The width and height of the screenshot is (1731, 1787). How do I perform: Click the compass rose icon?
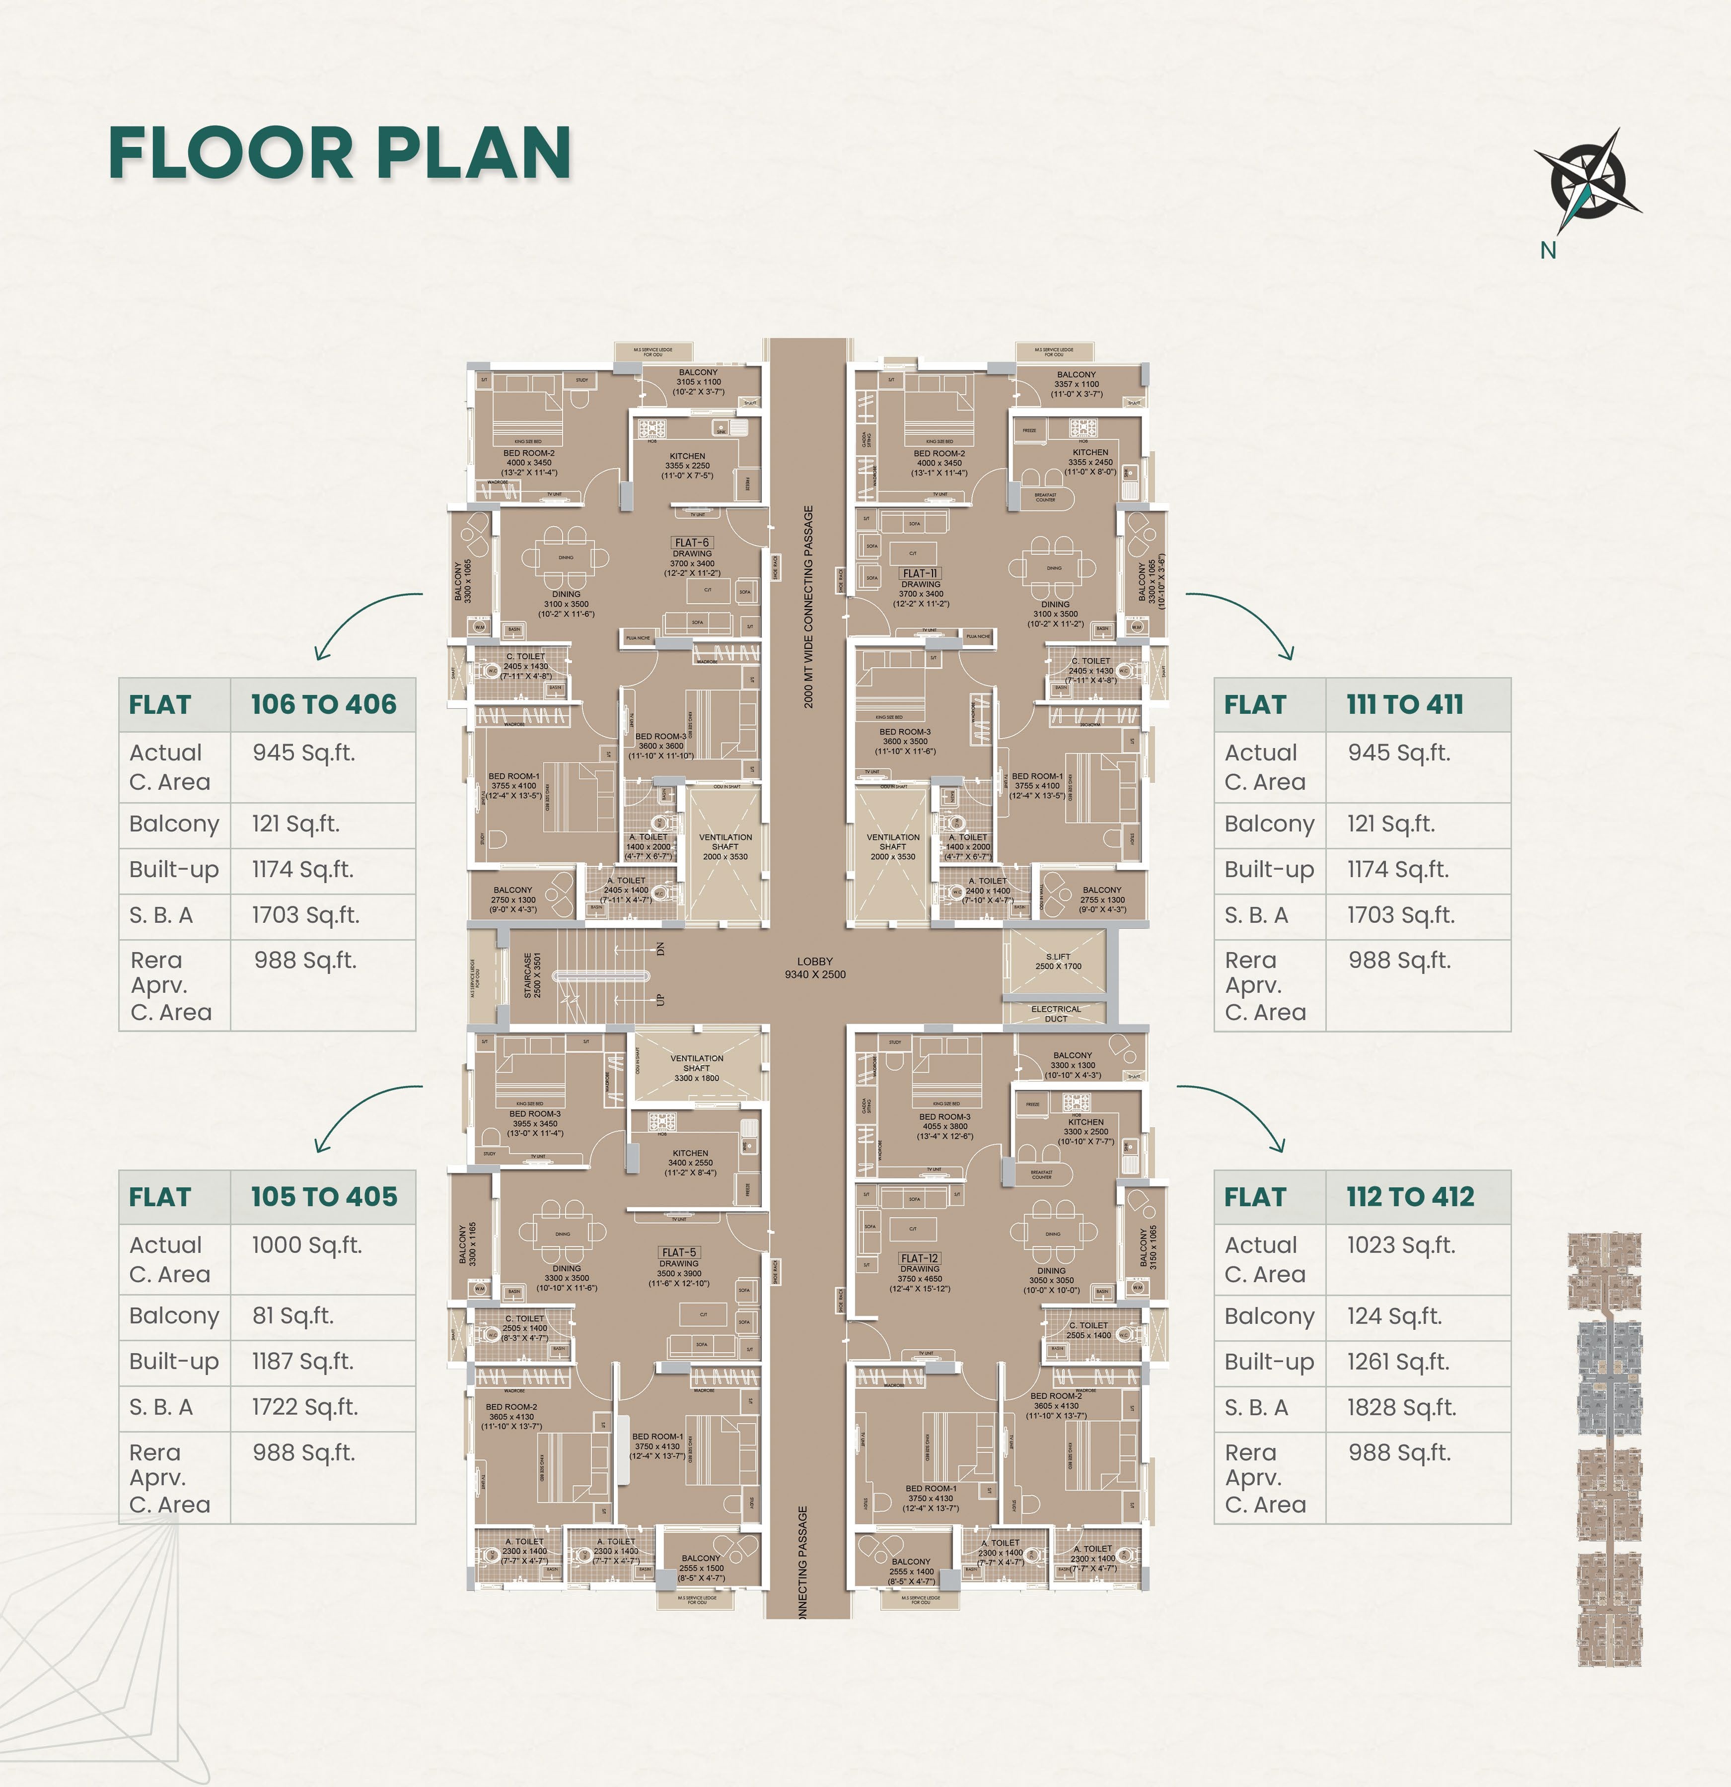point(1588,180)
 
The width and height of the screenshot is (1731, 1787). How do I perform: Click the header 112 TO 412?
point(1410,1197)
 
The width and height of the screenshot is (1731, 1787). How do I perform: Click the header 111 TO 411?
point(1404,705)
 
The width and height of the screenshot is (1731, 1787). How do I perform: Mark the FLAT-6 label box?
point(691,543)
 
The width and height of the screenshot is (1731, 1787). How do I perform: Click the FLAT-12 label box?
point(919,1258)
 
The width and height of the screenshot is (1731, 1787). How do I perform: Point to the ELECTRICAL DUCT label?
point(1055,1014)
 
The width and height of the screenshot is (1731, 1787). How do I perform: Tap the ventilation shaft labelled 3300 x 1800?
point(697,1069)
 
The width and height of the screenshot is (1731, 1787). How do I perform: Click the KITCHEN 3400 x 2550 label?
point(690,1163)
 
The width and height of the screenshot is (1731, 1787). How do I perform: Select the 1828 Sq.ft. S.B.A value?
point(1402,1408)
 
